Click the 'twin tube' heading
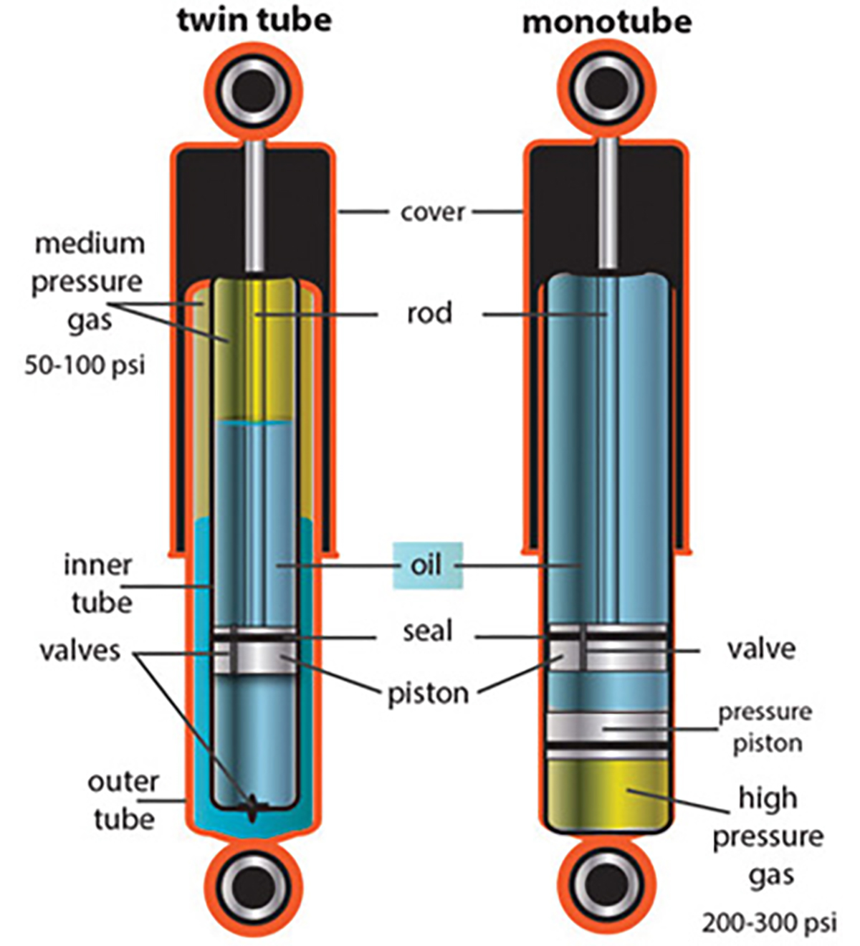254,20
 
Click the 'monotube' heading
606,22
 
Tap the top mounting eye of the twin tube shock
254,89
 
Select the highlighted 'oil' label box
427,565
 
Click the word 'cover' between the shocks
433,212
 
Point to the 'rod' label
429,314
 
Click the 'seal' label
428,632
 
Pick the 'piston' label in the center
428,694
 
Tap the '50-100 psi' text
85,365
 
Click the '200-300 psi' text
769,922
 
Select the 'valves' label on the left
80,651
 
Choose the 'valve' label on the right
761,649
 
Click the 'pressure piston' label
765,727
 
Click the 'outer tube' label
123,800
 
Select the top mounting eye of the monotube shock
606,89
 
